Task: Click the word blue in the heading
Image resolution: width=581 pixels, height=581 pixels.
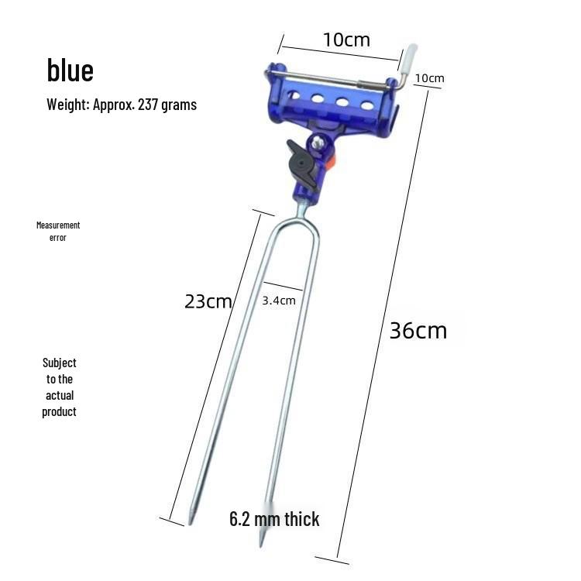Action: coord(70,70)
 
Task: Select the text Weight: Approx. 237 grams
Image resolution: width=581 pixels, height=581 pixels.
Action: coord(122,105)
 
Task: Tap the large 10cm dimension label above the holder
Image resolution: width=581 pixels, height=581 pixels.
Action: coord(346,40)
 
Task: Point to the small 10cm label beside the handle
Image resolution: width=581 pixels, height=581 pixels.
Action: coord(429,78)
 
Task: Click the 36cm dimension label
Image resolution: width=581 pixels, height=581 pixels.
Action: coord(418,331)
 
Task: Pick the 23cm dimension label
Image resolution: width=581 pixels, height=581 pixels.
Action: coord(208,301)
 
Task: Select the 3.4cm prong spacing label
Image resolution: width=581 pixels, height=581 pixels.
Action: coord(279,301)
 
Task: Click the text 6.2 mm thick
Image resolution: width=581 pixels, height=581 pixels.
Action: coord(274,519)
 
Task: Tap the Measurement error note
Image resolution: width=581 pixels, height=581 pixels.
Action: coord(58,231)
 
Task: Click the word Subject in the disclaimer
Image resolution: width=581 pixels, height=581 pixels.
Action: coord(60,363)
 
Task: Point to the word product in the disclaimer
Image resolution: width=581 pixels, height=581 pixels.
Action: coord(59,411)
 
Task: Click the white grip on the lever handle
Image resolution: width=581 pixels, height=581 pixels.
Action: coord(407,57)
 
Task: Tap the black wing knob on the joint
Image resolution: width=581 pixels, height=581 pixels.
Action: coord(302,164)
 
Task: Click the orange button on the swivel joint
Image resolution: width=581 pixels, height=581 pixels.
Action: coord(332,162)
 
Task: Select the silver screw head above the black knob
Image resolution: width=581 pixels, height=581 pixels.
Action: coord(318,142)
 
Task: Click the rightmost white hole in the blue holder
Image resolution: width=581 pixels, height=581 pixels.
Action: coord(367,105)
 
